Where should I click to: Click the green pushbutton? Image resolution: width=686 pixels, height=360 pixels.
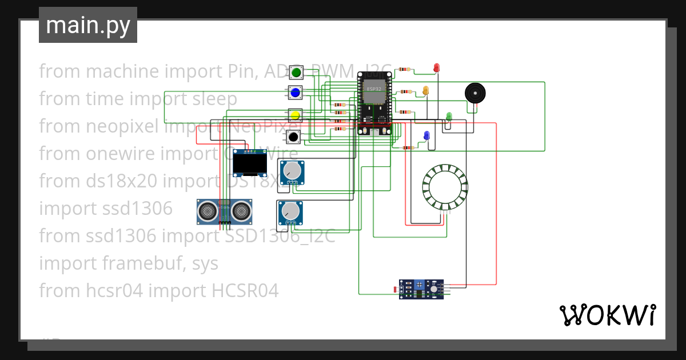point(296,72)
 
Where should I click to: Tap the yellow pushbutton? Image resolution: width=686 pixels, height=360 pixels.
point(296,116)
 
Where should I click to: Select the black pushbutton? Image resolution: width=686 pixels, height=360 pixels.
point(293,137)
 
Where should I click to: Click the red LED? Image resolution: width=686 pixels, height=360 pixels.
point(437,68)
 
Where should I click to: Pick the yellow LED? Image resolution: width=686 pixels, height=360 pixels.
point(425,90)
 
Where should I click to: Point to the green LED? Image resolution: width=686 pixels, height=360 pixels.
point(449,117)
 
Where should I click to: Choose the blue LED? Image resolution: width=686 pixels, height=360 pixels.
point(426,135)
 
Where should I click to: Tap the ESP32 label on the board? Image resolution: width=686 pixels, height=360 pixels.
point(374,90)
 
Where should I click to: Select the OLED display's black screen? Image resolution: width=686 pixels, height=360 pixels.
point(250,166)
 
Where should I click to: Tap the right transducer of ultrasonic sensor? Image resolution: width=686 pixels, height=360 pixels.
point(242,212)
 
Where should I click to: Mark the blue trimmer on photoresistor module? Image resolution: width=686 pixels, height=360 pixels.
point(420,285)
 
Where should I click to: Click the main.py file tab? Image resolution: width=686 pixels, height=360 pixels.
point(88,25)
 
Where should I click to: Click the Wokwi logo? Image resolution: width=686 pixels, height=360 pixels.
point(607,315)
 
